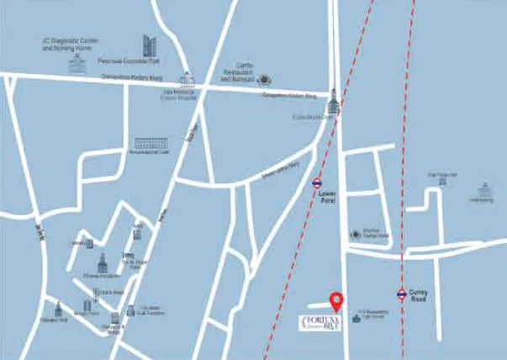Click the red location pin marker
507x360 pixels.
[x=336, y=299]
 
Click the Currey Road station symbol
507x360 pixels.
[x=402, y=294]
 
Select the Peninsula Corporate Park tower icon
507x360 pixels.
[x=149, y=45]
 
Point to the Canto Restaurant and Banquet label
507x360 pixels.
[x=239, y=75]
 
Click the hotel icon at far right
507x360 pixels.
[x=483, y=189]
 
